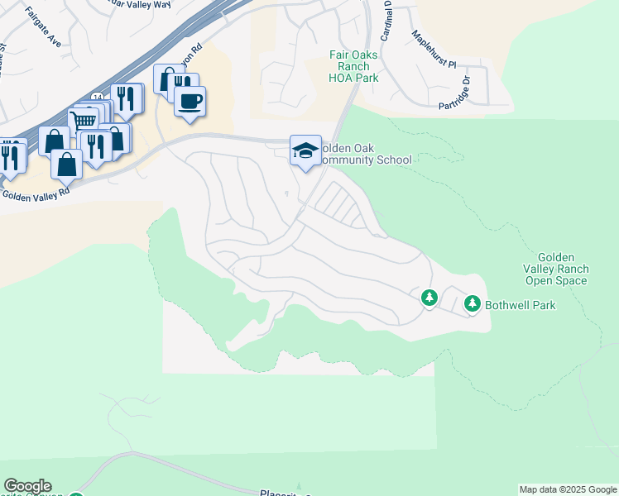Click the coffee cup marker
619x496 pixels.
(190, 102)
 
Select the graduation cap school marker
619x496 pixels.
(305, 150)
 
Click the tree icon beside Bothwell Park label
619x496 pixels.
(473, 304)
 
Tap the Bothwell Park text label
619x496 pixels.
(521, 305)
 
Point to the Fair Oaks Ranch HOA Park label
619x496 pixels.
(354, 66)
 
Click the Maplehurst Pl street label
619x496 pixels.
(435, 51)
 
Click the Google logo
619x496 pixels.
(27, 486)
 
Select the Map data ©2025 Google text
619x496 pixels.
(568, 489)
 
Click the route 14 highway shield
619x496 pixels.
(98, 98)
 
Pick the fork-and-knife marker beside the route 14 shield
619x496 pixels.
(126, 98)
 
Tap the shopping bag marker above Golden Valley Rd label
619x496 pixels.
(66, 165)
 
